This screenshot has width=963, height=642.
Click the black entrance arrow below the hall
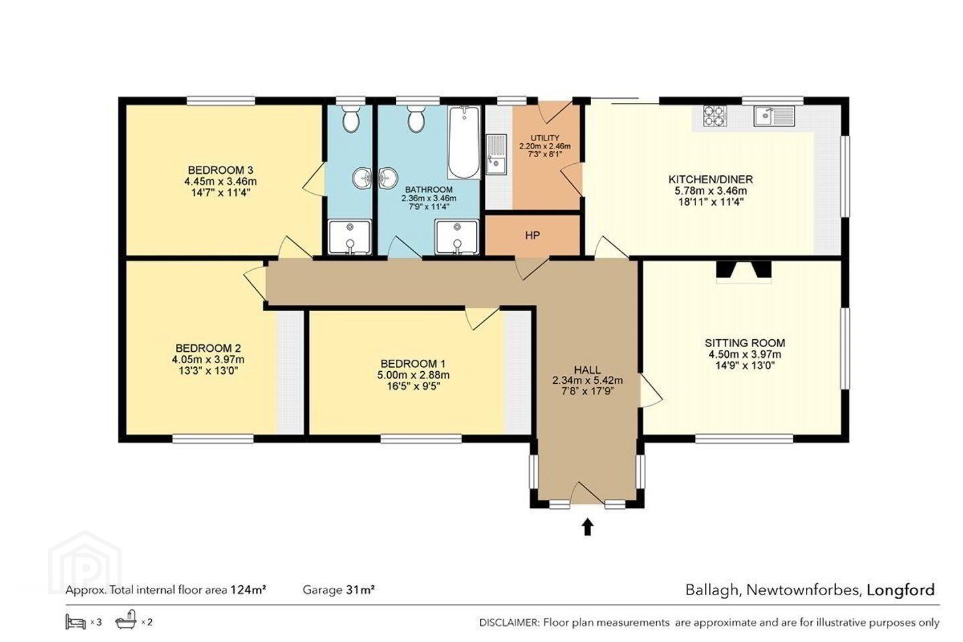click(x=587, y=526)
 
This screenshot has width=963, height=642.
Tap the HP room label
click(x=532, y=235)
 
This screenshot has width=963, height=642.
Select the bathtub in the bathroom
click(x=463, y=142)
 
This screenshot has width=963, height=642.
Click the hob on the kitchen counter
click(x=714, y=116)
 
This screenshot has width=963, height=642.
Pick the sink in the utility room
click(x=496, y=154)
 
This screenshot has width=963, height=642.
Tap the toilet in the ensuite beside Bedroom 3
click(x=351, y=118)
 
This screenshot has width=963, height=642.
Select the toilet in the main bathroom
click(x=416, y=118)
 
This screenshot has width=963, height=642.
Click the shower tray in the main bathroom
click(x=457, y=237)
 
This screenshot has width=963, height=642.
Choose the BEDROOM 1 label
click(x=413, y=363)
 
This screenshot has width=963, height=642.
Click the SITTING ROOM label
click(x=745, y=343)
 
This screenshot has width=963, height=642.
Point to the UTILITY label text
click(x=544, y=138)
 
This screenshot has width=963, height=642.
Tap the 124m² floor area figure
click(x=249, y=590)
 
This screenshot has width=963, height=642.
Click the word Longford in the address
click(x=901, y=590)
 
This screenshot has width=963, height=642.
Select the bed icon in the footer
click(x=76, y=622)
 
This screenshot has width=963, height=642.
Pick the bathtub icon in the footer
click(x=126, y=621)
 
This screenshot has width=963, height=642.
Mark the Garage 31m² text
click(x=338, y=590)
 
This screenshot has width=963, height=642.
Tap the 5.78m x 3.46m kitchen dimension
click(x=711, y=191)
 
